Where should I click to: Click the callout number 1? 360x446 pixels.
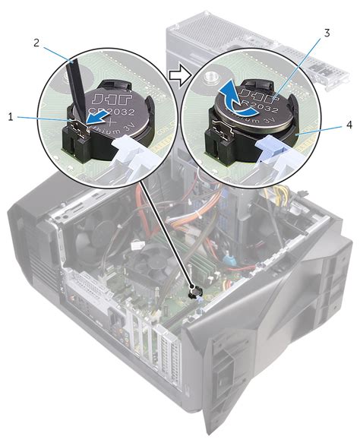click(x=11, y=117)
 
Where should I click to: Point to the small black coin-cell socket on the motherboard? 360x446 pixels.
click(x=194, y=290)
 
